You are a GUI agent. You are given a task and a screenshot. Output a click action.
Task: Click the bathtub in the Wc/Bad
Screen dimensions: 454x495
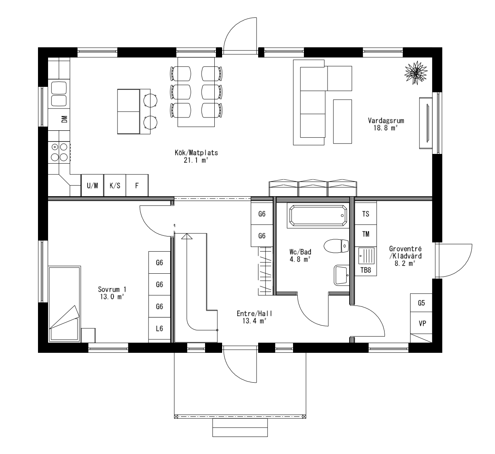pyautogui.click(x=317, y=215)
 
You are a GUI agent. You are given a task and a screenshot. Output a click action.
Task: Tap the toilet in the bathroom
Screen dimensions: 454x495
pyautogui.click(x=336, y=245)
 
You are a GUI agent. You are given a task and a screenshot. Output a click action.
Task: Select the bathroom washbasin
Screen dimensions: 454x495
pyautogui.click(x=341, y=275)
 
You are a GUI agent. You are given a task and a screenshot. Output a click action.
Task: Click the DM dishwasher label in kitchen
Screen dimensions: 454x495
pyautogui.click(x=64, y=119)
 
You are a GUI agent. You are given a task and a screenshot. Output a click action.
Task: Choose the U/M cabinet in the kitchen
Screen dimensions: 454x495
pyautogui.click(x=92, y=185)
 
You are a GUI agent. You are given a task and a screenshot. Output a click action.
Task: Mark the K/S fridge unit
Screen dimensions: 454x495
pyautogui.click(x=115, y=185)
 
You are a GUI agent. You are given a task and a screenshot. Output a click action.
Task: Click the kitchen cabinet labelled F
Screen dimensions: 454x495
pyautogui.click(x=137, y=185)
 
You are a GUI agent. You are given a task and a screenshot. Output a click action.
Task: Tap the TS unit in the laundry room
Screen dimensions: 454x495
pyautogui.click(x=366, y=214)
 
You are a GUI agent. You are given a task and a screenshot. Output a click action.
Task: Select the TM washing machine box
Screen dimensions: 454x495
pyautogui.click(x=366, y=234)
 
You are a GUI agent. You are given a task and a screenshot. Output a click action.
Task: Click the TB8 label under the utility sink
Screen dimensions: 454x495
pyautogui.click(x=366, y=270)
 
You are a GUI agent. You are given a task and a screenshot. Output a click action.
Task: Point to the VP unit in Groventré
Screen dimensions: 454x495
pyautogui.click(x=422, y=323)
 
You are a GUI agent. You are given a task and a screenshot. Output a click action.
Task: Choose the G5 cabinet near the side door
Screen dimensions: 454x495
pyautogui.click(x=422, y=303)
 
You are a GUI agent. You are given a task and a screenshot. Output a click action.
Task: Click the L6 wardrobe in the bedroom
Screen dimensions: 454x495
pyautogui.click(x=159, y=329)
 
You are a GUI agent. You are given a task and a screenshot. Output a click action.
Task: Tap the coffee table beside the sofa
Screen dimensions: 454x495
pyautogui.click(x=342, y=121)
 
